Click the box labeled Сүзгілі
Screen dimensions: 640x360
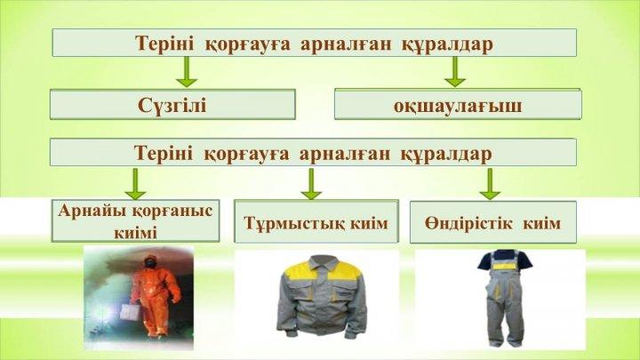pyautogui.click(x=172, y=105)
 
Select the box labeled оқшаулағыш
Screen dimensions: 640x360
pyautogui.click(x=458, y=105)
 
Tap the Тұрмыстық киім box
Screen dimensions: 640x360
pyautogui.click(x=316, y=221)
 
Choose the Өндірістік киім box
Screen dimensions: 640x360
pyautogui.click(x=493, y=222)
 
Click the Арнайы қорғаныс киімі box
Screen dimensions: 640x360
pyautogui.click(x=135, y=220)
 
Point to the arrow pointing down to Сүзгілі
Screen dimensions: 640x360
pyautogui.click(x=187, y=71)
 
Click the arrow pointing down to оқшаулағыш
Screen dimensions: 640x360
pyautogui.click(x=455, y=71)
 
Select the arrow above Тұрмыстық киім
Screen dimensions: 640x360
pyautogui.click(x=311, y=184)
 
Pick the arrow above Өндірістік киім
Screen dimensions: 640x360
pyautogui.click(x=490, y=184)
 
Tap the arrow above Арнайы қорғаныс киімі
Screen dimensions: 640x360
pyautogui.click(x=135, y=184)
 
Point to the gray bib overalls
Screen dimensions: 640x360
pyautogui.click(x=505, y=298)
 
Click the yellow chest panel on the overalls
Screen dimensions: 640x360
pyautogui.click(x=505, y=266)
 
